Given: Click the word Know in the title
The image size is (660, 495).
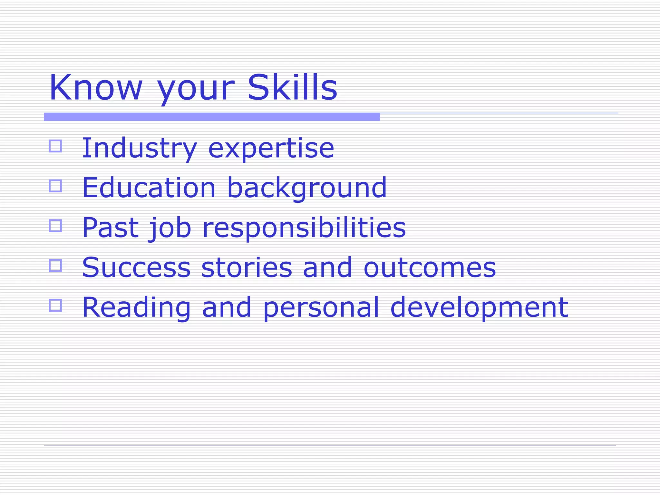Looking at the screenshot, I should pos(95,88).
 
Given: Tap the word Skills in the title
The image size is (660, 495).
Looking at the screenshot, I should pos(292,88).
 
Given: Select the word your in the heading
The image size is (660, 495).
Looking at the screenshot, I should pos(195,90).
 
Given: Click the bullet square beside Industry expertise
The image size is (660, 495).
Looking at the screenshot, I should pos(55,146).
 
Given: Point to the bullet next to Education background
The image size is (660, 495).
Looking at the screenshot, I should pos(55,186).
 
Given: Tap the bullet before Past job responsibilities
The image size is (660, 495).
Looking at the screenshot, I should pos(55,226).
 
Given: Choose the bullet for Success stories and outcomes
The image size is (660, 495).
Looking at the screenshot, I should pos(55,266).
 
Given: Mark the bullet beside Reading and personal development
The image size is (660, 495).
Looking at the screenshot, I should pos(55,305).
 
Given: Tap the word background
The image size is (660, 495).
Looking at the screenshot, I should pos(307,189).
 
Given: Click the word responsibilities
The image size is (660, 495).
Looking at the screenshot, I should pos(304,228).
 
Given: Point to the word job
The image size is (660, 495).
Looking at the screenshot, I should pos(170,228).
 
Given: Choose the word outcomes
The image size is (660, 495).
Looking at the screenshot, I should pos(430,268).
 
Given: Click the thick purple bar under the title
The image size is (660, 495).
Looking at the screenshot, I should pos(212,117).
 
